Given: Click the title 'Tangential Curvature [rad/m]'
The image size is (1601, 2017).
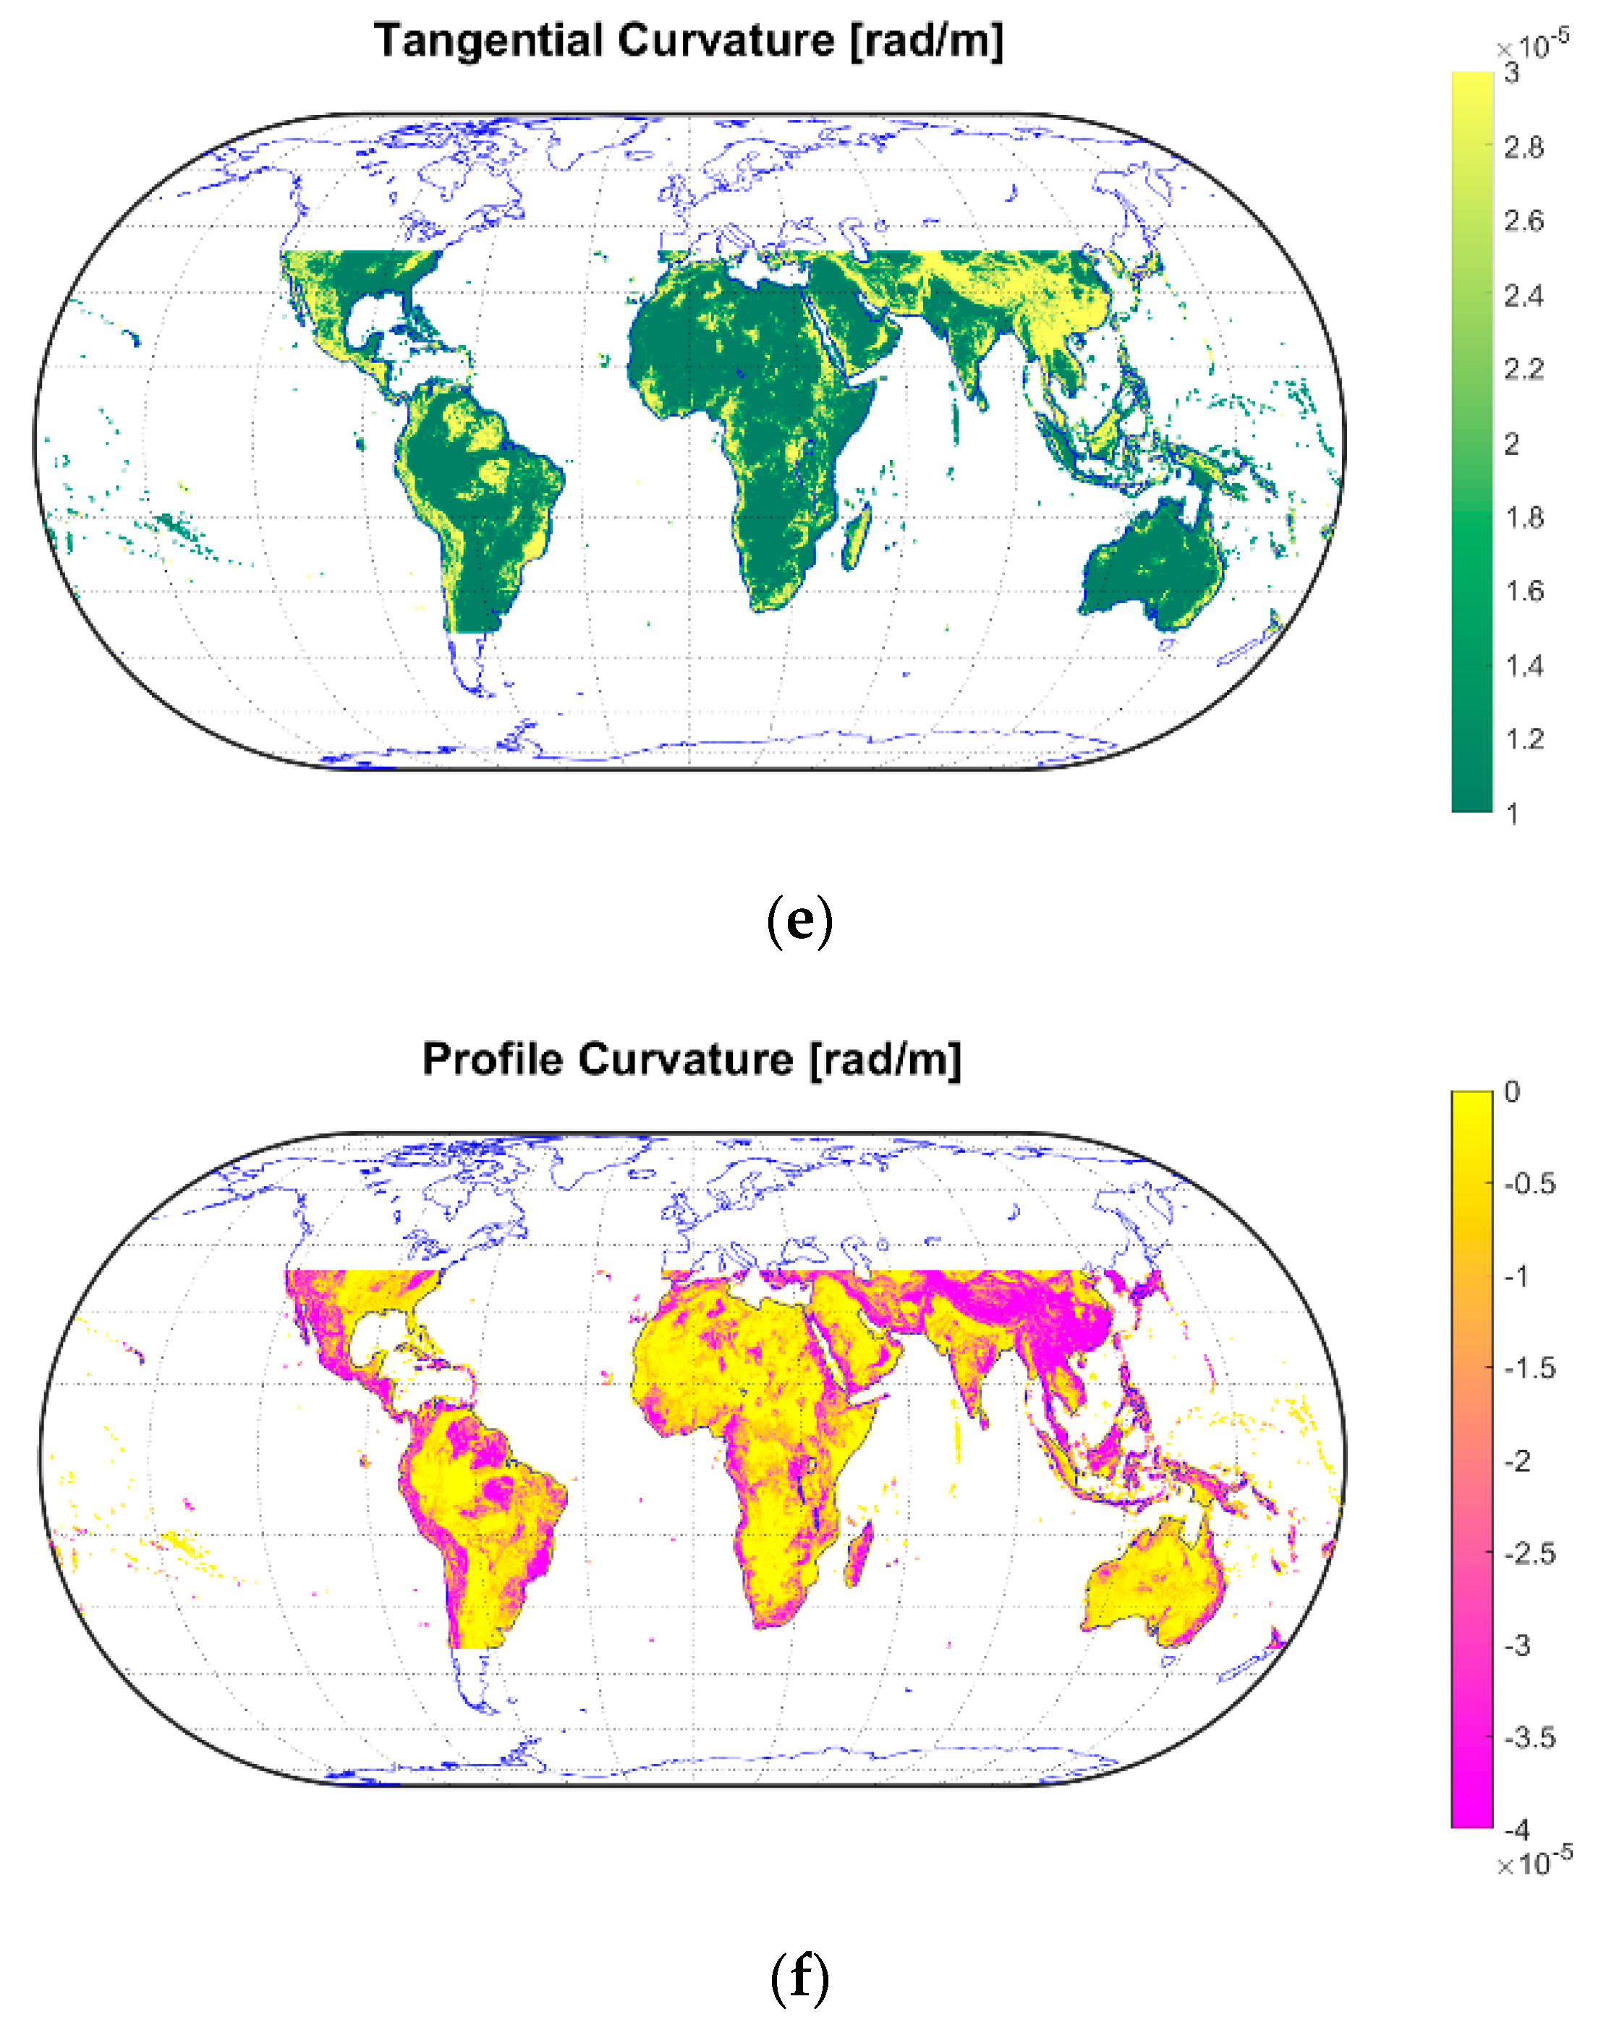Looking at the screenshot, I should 688,41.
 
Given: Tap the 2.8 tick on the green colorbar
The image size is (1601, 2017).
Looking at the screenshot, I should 1522,147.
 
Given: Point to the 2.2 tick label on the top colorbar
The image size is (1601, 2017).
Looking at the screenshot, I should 1522,370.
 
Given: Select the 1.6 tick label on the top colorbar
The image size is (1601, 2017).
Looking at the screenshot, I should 1522,592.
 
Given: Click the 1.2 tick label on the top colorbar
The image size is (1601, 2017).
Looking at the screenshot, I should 1522,739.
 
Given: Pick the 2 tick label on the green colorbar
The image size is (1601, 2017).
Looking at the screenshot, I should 1511,443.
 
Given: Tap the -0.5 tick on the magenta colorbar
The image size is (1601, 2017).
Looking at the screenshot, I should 1529,1183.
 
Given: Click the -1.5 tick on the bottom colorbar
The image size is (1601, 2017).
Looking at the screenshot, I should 1529,1368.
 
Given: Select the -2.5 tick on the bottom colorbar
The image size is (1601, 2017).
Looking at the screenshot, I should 1529,1553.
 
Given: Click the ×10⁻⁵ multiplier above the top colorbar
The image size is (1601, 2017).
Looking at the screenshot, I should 1532,45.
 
